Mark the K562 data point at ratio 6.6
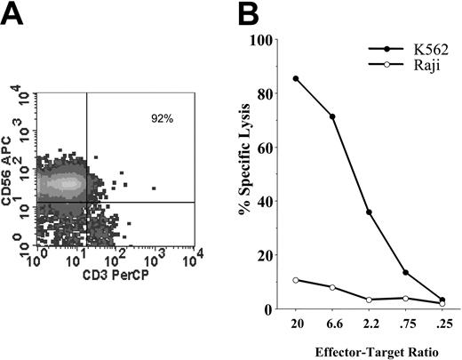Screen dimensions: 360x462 (x=332, y=116)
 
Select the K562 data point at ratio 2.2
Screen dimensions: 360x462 (x=369, y=212)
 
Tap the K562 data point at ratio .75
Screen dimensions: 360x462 (x=405, y=273)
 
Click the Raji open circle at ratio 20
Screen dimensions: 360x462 (x=295, y=280)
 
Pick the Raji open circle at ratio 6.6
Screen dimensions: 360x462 (x=332, y=287)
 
